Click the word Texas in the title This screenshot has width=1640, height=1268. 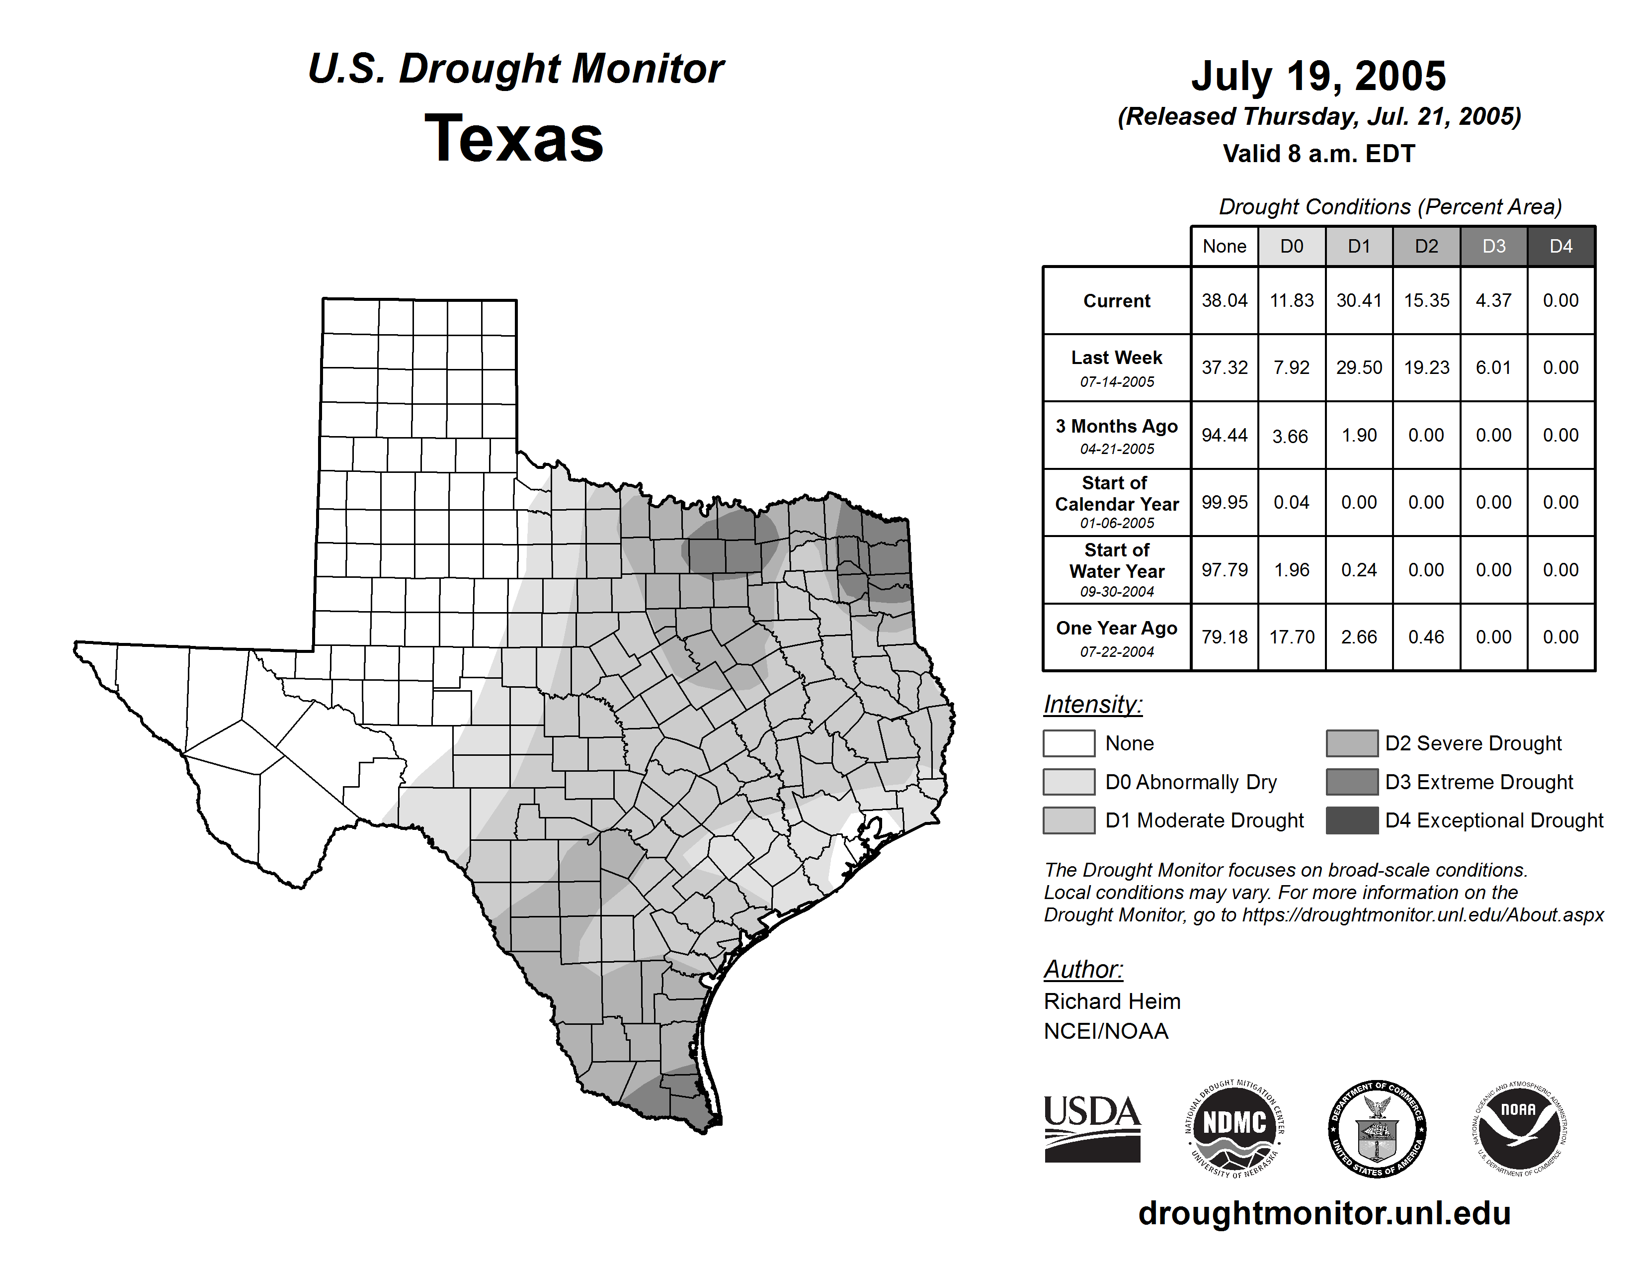[x=514, y=139]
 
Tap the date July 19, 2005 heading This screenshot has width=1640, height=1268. [x=1318, y=76]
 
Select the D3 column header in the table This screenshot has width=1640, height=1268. [x=1493, y=246]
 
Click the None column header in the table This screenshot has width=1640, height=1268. [x=1224, y=246]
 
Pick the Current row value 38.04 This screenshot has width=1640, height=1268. [x=1224, y=300]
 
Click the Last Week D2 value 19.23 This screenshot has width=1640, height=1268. [x=1426, y=367]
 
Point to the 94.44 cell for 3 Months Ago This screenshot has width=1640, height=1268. [x=1224, y=435]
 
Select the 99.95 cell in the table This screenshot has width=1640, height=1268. [x=1224, y=502]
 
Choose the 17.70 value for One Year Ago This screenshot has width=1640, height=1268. [x=1292, y=637]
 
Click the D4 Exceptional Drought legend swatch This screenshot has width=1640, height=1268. [x=1352, y=820]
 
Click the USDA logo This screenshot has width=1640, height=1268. [x=1092, y=1128]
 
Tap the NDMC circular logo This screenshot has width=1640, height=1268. [x=1234, y=1128]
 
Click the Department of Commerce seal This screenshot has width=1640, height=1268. [x=1377, y=1128]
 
